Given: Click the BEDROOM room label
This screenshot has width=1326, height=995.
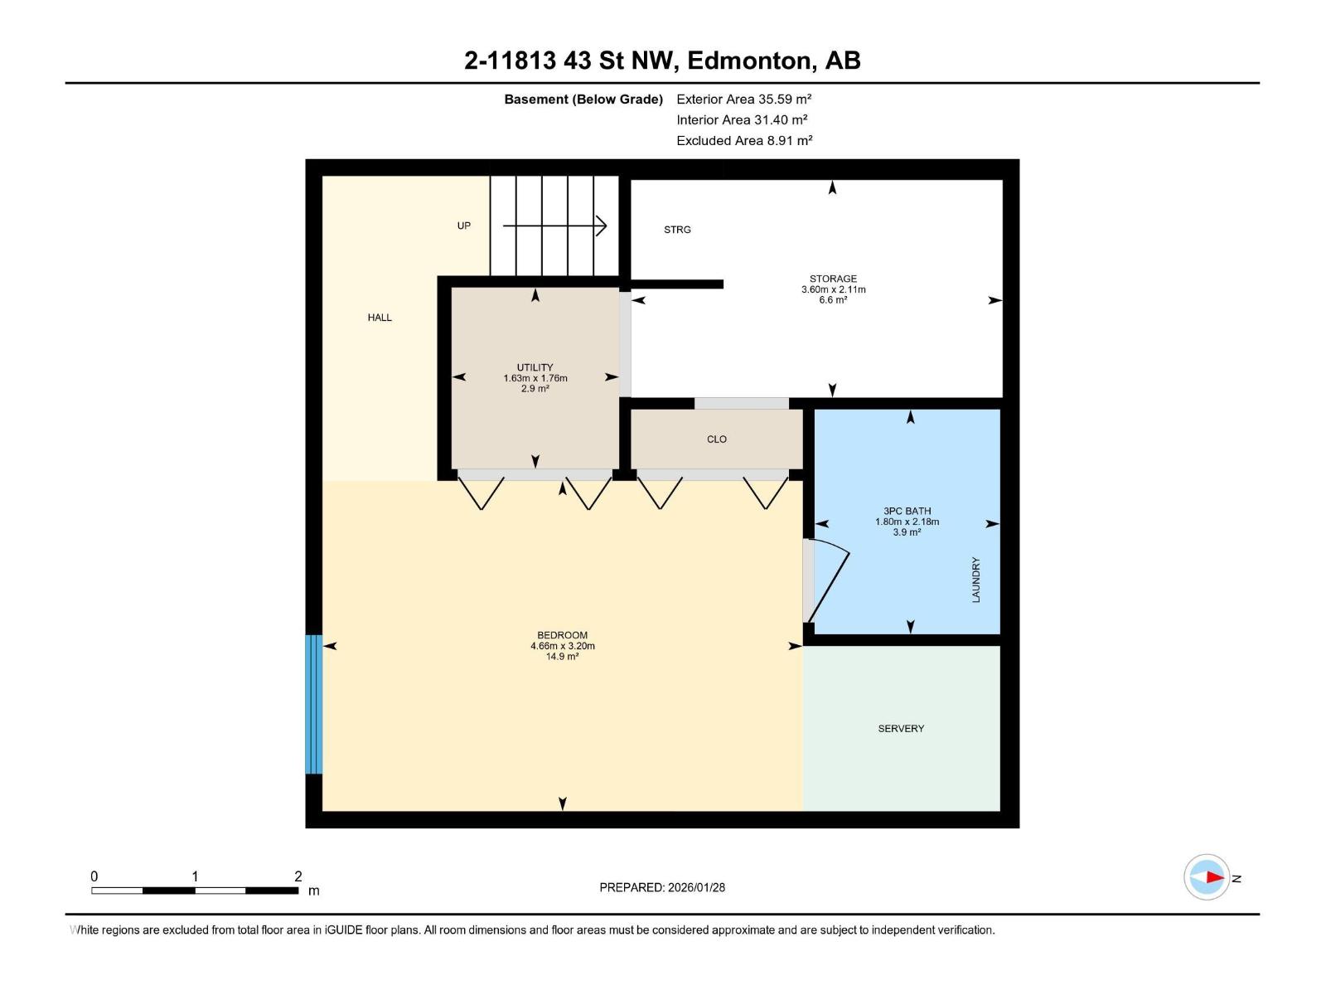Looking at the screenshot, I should click(562, 635).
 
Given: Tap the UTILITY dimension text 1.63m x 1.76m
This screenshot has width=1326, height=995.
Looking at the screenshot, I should click(535, 378).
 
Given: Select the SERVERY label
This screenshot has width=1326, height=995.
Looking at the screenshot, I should click(901, 729).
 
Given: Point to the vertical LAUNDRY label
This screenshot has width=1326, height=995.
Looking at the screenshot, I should click(975, 580).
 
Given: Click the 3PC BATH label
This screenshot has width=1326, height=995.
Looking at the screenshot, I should click(907, 512).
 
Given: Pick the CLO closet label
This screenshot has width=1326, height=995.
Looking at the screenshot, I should click(717, 439).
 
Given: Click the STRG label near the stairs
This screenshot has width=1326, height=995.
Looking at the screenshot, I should click(677, 230).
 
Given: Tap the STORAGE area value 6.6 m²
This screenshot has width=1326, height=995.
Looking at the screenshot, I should click(833, 300).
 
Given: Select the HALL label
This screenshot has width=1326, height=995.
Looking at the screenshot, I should click(380, 318).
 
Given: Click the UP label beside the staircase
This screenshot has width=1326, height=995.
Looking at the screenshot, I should click(464, 226).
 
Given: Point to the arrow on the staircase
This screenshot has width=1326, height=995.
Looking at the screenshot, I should click(555, 226).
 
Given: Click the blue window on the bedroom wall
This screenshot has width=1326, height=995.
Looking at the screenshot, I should click(313, 704).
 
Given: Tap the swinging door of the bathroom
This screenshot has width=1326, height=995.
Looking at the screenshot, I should click(830, 580).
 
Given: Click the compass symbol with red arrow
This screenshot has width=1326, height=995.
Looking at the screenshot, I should click(1207, 876).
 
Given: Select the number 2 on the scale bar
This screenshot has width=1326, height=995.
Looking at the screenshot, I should click(298, 876).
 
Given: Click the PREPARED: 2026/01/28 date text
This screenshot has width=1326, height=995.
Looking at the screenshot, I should click(662, 887).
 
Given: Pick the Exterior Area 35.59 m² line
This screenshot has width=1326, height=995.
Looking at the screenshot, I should click(743, 99).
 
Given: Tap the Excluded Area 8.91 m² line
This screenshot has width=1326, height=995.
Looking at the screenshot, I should click(743, 141).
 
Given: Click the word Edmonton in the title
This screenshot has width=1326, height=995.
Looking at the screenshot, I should click(748, 61).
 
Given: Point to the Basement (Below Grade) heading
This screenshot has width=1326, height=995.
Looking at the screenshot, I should click(583, 99).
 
